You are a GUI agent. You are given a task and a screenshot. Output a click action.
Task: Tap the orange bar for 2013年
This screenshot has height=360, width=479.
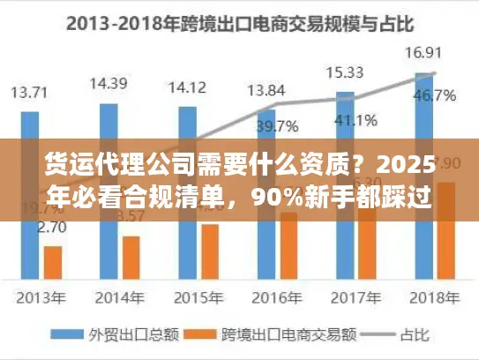coord(53,261)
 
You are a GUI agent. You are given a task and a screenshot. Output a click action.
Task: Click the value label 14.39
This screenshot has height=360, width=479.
coord(109,84)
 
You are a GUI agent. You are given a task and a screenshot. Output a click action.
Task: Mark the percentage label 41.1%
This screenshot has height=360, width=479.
coord(356,119)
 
